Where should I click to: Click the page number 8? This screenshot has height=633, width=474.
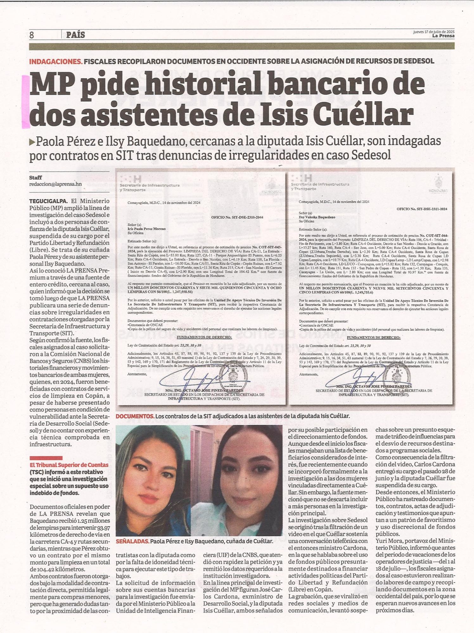click(32, 35)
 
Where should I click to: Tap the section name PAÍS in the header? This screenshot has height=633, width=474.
click(75, 35)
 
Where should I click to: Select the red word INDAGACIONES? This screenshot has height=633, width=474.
click(56, 61)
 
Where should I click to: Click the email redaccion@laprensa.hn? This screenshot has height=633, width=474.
click(55, 184)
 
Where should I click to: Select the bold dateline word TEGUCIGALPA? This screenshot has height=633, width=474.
click(48, 201)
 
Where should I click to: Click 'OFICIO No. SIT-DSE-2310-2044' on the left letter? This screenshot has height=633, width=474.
click(237, 217)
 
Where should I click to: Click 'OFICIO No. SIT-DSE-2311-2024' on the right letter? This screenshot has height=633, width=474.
click(422, 209)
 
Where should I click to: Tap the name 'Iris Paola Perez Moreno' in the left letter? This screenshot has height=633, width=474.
click(146, 229)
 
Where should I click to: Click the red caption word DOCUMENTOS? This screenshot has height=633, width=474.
click(135, 416)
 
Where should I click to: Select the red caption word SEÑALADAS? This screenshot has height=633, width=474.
click(132, 541)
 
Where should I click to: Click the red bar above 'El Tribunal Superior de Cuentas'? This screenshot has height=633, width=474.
click(46, 458)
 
